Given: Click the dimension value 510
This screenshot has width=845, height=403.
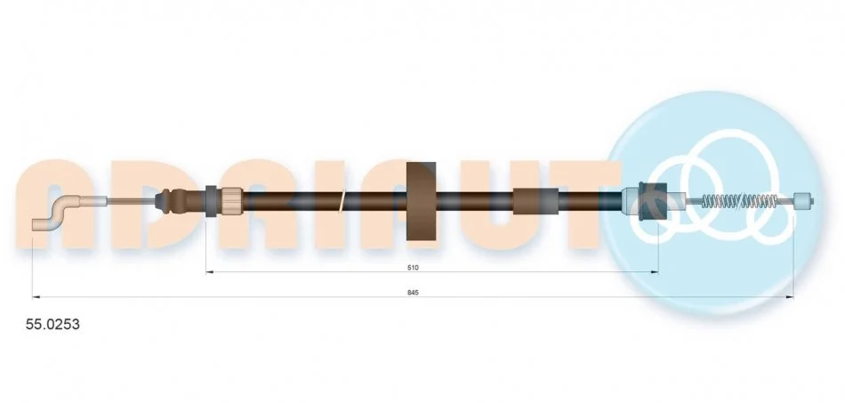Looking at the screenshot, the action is coord(414,267).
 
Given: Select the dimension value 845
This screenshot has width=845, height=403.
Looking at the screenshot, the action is coord(414,293).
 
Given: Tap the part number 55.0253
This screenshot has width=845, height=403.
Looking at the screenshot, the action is coord(52,325).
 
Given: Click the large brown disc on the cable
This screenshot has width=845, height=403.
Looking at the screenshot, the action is coord(421,201).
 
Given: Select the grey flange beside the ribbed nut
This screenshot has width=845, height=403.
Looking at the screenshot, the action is coord(212,201).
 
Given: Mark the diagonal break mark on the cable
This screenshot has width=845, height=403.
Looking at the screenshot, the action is coord(342,201).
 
